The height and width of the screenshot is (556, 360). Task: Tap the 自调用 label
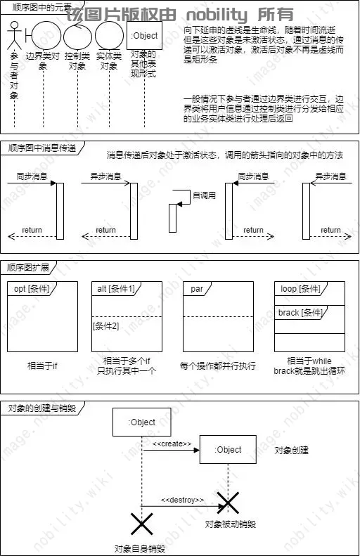pos(204,195)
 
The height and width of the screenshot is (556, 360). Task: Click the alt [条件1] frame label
pos(116,289)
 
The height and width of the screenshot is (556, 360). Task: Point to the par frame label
pos(197,289)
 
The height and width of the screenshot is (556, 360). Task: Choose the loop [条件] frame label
pos(300,289)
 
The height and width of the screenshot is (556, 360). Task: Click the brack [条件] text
pos(300,312)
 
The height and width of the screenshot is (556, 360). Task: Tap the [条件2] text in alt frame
pos(105,325)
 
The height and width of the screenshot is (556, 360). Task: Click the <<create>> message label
pos(172,444)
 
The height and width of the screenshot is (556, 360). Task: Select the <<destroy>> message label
pos(183,499)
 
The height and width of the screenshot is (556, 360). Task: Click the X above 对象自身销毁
pos(142,524)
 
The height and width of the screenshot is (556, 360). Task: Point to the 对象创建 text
pos(291,450)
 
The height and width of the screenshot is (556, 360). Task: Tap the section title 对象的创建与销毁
pos(41,408)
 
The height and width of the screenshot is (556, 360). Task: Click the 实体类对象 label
pos(108,60)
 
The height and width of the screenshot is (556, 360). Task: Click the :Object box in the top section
pos(144,35)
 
